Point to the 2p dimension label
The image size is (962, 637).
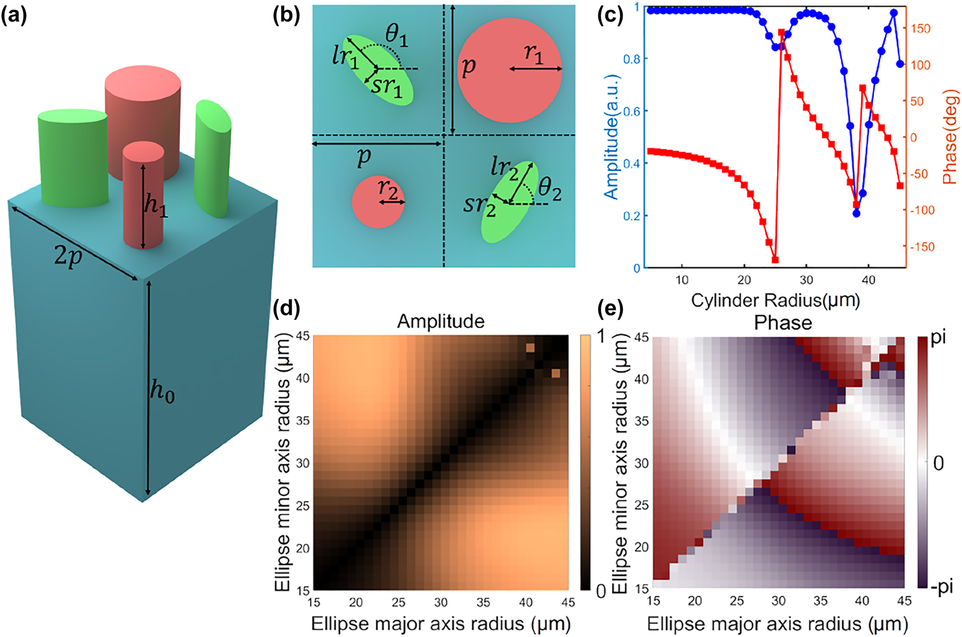[68, 256]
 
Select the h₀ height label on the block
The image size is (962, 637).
[162, 391]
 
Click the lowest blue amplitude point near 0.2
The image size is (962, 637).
[857, 213]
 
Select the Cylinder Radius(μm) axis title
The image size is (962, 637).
[775, 300]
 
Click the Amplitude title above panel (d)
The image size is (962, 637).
[441, 321]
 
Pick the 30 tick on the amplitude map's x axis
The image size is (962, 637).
[441, 603]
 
